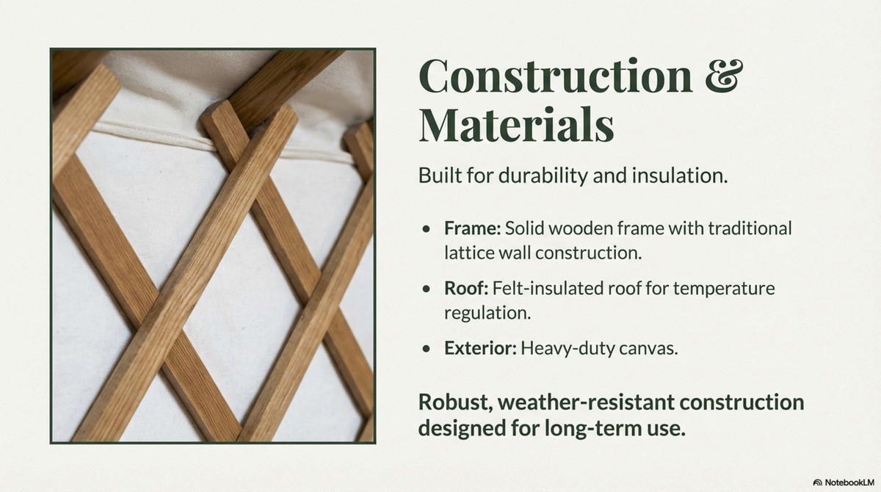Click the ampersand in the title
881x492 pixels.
724,75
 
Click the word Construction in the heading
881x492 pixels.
556,75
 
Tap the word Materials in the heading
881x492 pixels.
516,124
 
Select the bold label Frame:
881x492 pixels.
472,228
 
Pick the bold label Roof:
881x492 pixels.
466,289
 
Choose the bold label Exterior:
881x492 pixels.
480,348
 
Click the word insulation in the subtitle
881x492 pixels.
680,176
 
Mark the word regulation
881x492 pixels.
487,314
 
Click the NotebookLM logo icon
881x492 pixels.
817,482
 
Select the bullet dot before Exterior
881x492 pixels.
427,349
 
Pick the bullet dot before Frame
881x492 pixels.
427,229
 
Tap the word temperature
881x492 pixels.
724,289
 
